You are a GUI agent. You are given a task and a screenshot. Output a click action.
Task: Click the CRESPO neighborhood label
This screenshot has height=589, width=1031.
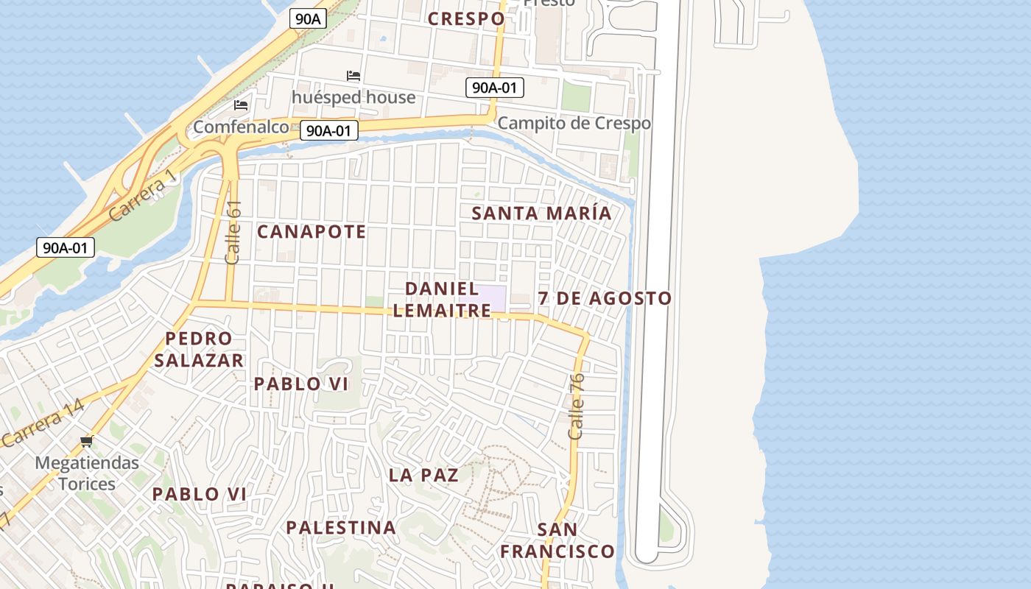(x=466, y=18)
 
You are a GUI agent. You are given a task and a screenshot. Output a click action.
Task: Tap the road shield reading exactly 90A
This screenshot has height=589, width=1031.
(x=308, y=18)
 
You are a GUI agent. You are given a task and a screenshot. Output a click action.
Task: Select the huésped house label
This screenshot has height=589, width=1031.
(x=353, y=97)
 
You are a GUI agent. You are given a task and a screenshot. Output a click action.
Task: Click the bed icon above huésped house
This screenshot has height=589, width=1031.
(x=353, y=75)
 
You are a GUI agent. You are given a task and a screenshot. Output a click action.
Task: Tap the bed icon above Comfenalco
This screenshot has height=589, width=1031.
(x=241, y=105)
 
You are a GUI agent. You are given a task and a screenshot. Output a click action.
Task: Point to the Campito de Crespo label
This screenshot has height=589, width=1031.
(x=574, y=123)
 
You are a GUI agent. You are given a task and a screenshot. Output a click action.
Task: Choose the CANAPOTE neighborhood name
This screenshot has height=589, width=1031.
(x=312, y=232)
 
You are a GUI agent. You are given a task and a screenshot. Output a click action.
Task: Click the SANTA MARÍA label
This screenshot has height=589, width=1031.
(x=541, y=214)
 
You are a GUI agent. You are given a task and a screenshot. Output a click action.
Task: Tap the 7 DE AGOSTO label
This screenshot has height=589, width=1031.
(x=605, y=298)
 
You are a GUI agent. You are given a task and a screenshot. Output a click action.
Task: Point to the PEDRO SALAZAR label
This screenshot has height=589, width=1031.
(x=199, y=350)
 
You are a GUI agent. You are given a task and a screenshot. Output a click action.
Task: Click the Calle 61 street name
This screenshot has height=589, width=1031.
(x=233, y=233)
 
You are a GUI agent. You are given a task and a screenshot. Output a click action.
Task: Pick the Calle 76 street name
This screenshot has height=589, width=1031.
(x=577, y=406)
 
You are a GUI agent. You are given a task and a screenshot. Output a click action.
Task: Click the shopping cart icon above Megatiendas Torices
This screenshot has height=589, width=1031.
(x=87, y=441)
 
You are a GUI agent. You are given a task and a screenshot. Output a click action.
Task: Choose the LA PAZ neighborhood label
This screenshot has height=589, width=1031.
(x=423, y=476)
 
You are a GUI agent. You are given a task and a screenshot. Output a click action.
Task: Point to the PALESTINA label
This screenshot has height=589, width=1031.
(x=341, y=528)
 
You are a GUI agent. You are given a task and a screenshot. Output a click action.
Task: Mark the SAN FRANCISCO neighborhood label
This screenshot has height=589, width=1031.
(x=557, y=540)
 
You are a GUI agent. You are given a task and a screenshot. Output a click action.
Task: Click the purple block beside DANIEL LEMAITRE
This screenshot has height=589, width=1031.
(x=493, y=298)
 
